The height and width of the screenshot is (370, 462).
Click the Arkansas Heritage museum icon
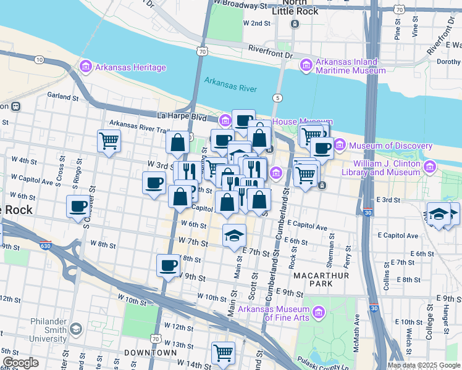click(x=85, y=67)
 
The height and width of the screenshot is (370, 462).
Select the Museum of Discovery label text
click(x=387, y=146)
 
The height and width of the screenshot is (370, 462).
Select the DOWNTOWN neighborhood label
click(x=151, y=352)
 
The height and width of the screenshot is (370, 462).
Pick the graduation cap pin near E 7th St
click(x=234, y=235)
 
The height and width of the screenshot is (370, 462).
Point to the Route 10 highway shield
click(x=39, y=59)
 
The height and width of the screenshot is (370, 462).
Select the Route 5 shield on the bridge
click(x=279, y=98)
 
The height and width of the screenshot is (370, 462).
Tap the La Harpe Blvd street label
click(x=182, y=115)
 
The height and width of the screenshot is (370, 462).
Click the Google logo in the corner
click(x=20, y=362)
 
